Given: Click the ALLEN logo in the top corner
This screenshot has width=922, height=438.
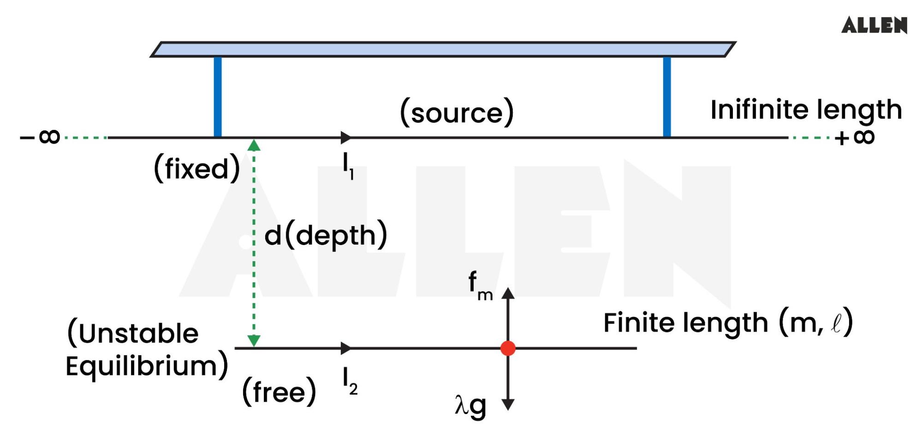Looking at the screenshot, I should (x=874, y=25).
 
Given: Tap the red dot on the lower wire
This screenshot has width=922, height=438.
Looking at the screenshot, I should (x=508, y=348).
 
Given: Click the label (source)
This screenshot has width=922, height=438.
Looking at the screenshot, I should (x=457, y=112).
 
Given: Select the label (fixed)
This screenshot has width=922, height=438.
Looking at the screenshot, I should (x=197, y=169).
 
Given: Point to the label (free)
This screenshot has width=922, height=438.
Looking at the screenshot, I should (x=279, y=392).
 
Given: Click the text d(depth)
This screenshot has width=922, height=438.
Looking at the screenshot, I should (x=326, y=236).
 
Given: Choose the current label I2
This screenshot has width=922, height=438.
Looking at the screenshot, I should (x=350, y=382).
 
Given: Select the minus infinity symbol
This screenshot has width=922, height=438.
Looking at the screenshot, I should (x=41, y=137).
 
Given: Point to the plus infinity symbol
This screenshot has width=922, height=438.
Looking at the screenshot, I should (x=855, y=137).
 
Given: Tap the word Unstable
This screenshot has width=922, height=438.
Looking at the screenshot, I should (x=138, y=333).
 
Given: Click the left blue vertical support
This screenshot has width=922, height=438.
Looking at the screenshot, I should (x=218, y=97).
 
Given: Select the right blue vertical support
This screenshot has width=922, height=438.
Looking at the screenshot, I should (x=666, y=97).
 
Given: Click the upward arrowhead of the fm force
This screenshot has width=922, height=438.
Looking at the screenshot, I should (x=508, y=293).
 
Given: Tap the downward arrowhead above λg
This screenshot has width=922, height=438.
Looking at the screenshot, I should (x=508, y=404).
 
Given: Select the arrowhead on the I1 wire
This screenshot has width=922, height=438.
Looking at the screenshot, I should (x=345, y=137).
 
